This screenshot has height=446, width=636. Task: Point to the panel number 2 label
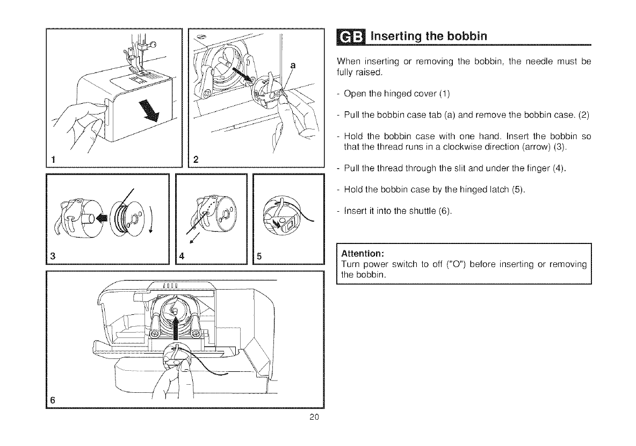(195, 159)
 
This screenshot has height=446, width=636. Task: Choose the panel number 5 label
(258, 256)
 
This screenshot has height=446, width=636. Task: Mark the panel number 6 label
(53, 400)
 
